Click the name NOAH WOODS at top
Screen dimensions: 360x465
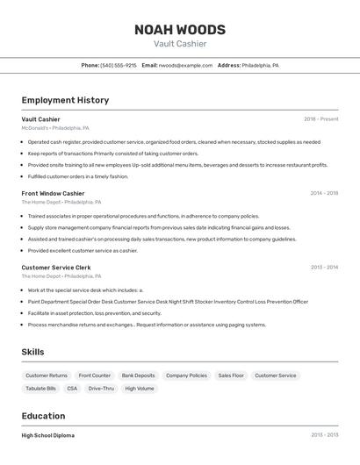180,30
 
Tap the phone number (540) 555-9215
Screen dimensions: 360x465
119,65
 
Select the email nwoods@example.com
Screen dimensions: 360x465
185,65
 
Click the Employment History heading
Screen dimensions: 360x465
65,100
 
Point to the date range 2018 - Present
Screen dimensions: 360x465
320,118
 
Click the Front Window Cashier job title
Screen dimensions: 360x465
53,193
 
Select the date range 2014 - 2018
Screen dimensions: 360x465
324,193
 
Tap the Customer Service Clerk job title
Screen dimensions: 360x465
56,267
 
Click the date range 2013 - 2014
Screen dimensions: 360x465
324,267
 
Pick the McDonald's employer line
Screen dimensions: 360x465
55,127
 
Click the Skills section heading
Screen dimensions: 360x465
33,352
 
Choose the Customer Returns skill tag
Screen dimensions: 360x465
47,376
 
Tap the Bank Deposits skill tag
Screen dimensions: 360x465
138,376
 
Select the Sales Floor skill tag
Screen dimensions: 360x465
231,376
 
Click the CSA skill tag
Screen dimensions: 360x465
72,388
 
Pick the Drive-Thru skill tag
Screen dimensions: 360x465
101,388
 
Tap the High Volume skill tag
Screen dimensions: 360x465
139,388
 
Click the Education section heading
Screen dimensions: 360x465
43,416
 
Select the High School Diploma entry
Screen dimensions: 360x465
48,435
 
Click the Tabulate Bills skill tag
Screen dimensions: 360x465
40,388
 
